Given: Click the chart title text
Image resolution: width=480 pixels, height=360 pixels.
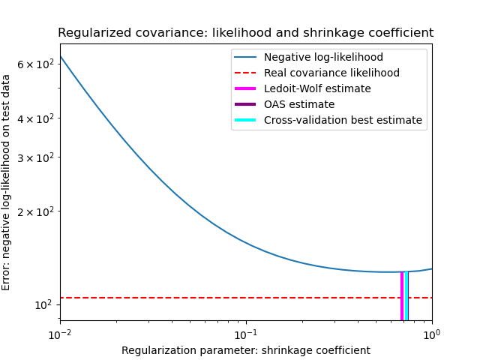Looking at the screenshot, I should tap(245, 33).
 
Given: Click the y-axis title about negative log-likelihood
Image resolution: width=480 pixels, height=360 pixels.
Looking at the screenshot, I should tap(7, 182).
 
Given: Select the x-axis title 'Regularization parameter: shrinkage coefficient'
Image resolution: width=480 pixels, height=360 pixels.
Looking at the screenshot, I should tap(245, 350).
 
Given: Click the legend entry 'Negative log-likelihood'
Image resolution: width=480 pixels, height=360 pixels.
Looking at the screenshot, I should tap(323, 58).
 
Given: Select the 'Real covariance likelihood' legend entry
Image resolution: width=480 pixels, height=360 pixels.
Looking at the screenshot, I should tap(331, 73).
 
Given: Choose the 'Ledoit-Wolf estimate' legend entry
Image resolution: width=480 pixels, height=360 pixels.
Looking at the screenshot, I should tap(317, 88).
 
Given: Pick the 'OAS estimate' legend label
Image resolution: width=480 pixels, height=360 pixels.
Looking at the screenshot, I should tap(298, 104).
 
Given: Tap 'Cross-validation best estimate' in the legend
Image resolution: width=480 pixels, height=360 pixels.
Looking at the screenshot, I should tap(343, 120).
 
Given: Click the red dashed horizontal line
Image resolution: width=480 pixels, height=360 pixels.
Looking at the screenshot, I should tap(225, 298).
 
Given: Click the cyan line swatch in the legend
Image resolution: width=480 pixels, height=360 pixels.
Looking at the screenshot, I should tap(247, 120).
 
